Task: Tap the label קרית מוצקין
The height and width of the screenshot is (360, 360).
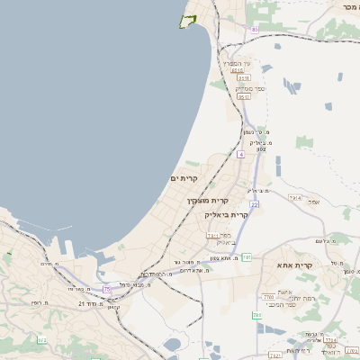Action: click(x=208, y=200)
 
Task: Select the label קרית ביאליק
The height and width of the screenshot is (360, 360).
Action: click(x=226, y=215)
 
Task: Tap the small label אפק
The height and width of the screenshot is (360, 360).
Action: click(x=313, y=202)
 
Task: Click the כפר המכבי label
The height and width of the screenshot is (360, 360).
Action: click(x=288, y=304)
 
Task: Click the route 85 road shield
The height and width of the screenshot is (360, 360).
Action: click(x=255, y=30)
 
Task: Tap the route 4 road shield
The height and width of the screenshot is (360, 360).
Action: click(x=241, y=154)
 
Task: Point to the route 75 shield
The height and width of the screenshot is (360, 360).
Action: click(x=107, y=289)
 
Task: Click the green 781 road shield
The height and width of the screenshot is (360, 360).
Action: click(x=257, y=315)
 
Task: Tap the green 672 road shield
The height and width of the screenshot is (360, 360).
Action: click(x=41, y=339)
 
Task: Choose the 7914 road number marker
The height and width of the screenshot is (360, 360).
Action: click(x=294, y=197)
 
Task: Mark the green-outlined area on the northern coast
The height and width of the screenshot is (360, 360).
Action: click(x=188, y=21)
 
